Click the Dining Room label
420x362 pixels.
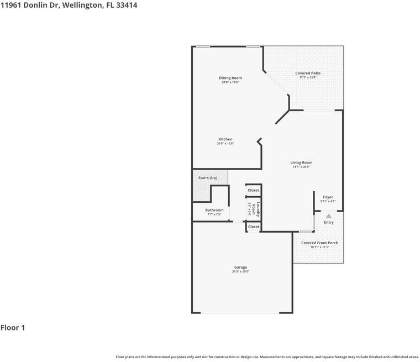(231, 78)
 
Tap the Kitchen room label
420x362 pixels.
(225, 139)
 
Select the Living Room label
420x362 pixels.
(301, 162)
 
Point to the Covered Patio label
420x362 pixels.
(307, 73)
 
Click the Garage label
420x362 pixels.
(240, 267)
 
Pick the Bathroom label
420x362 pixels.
(214, 210)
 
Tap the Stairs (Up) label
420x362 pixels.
(208, 178)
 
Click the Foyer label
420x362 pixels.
(328, 197)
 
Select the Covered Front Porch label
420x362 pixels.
(319, 243)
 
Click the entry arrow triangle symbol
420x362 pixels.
(329, 216)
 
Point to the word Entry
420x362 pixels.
(329, 223)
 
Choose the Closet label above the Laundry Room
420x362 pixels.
(253, 190)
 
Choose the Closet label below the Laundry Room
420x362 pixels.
(253, 227)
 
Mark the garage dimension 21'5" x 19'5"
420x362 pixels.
(240, 272)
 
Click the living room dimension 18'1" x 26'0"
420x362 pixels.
(301, 167)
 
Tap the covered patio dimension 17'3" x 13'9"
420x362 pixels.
(307, 77)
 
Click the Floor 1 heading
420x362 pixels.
(13, 328)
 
